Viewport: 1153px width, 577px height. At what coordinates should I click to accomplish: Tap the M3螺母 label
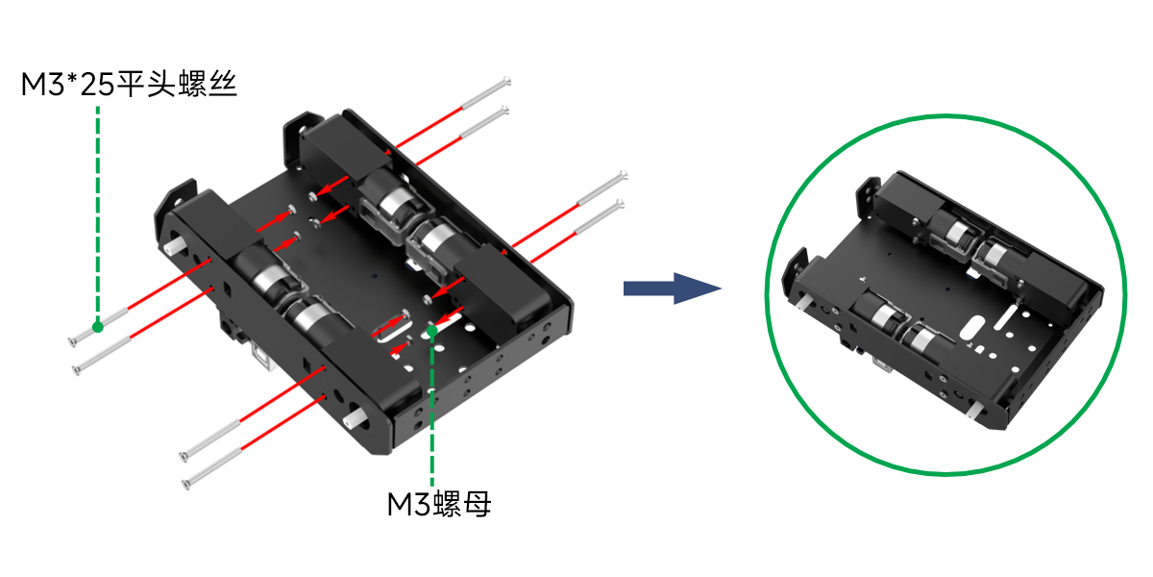pyautogui.click(x=439, y=504)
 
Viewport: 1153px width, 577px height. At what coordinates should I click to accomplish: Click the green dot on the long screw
pyautogui.click(x=97, y=327)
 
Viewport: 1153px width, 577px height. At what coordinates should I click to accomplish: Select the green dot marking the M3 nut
pyautogui.click(x=432, y=331)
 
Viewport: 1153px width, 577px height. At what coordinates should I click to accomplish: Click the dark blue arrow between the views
pyautogui.click(x=672, y=288)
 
